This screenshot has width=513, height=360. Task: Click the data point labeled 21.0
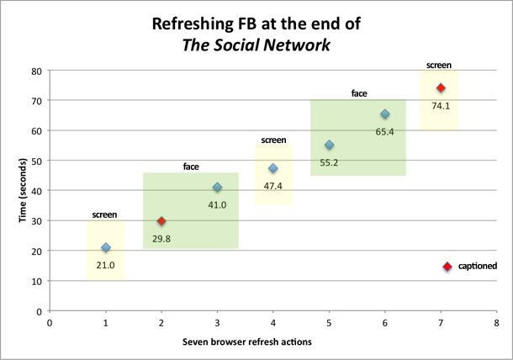(106, 248)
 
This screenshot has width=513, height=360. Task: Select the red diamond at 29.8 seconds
(161, 221)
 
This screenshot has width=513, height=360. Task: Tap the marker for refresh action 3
(218, 188)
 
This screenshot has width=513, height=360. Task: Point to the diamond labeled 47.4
(273, 168)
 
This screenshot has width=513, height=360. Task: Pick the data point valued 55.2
(329, 146)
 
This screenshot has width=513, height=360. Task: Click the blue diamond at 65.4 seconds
(385, 114)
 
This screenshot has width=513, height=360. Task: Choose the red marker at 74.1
(441, 88)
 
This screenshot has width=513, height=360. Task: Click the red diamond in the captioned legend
(447, 267)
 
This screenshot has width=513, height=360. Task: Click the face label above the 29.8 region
(191, 167)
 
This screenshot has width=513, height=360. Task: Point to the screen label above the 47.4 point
(273, 140)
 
